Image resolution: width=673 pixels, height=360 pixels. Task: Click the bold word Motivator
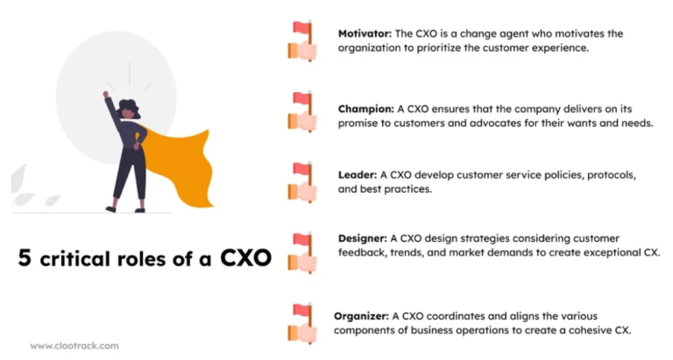coord(365,33)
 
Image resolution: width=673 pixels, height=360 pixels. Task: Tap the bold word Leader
coord(357,173)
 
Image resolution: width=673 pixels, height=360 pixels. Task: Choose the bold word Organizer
coord(361,315)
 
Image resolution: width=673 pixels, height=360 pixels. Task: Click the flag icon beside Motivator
coord(301,40)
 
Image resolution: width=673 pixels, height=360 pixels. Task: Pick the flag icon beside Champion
coord(301,111)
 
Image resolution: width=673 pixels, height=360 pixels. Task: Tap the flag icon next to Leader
coord(301,181)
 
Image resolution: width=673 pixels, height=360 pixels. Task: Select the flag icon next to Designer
coord(301,252)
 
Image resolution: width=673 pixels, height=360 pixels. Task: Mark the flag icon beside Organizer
coord(301,322)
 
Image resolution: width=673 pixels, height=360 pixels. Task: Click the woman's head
coord(130,109)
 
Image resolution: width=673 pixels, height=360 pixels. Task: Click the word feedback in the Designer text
coord(362,252)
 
